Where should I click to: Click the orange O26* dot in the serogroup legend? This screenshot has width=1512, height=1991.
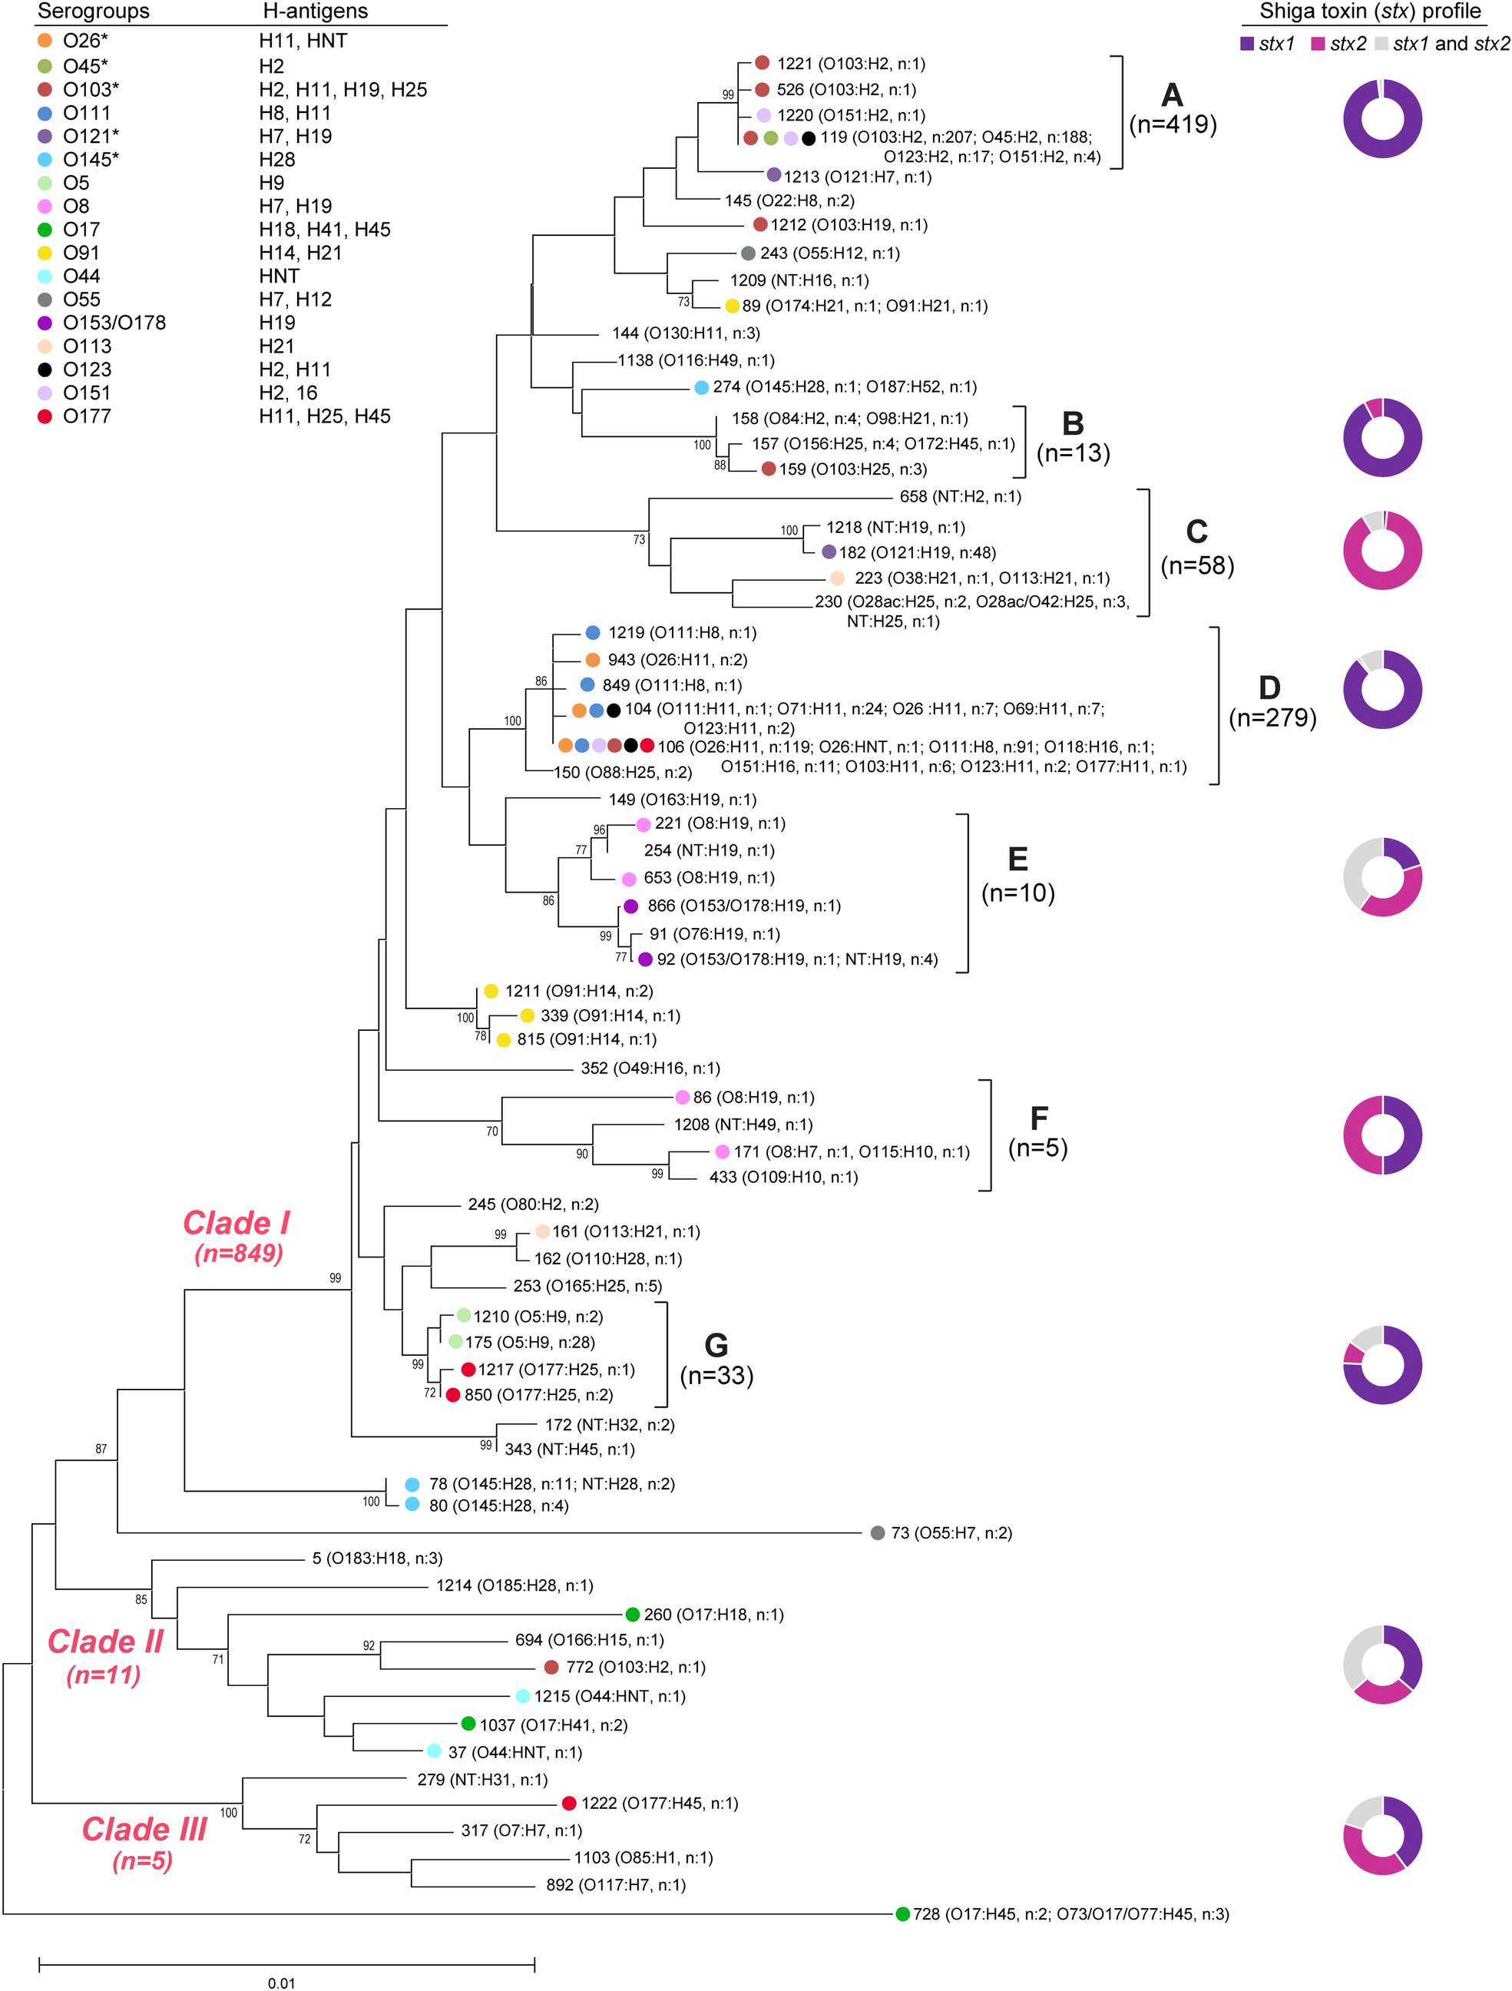click(44, 41)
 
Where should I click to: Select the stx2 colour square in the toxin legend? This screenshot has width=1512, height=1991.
click(1318, 43)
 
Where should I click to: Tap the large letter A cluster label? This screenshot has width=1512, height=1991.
click(1171, 94)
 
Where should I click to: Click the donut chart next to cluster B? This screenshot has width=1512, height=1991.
click(1381, 439)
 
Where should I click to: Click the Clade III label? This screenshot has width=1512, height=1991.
click(144, 1829)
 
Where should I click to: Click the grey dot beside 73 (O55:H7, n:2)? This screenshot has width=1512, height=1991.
click(878, 1533)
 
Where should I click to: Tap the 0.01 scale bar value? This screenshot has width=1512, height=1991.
click(281, 1981)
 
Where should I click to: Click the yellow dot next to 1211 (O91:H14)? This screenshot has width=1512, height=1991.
click(491, 991)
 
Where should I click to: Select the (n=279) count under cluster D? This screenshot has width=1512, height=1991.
click(1272, 717)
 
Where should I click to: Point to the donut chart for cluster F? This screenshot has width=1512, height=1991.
click(1381, 1135)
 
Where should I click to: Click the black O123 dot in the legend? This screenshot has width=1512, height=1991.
click(44, 369)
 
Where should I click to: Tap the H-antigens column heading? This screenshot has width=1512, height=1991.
click(314, 12)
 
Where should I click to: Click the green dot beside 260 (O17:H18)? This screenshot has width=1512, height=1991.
click(633, 1615)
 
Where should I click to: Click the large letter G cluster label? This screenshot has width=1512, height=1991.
click(716, 1346)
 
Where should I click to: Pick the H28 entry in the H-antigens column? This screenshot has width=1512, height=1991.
click(277, 159)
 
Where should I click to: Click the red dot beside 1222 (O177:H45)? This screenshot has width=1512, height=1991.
click(569, 1803)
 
